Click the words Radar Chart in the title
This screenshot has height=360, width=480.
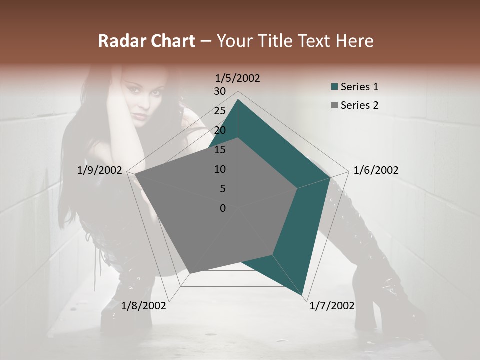click(x=146, y=41)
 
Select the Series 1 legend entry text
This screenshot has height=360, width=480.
click(x=359, y=87)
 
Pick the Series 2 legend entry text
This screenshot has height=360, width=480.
click(x=359, y=105)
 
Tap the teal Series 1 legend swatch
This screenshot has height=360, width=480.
click(x=334, y=87)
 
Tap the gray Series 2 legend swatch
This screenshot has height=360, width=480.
click(x=334, y=106)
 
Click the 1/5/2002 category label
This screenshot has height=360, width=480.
click(x=238, y=78)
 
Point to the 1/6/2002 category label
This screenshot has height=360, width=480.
click(x=376, y=170)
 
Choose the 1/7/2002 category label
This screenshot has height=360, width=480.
click(x=332, y=306)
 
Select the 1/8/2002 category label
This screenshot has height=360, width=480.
click(x=144, y=306)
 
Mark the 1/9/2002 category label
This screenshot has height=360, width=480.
click(x=100, y=170)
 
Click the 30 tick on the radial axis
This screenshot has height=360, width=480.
click(x=220, y=91)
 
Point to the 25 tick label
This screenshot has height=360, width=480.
click(x=220, y=111)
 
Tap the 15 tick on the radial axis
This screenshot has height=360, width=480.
click(x=220, y=150)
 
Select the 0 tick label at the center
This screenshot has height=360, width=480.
click(x=223, y=208)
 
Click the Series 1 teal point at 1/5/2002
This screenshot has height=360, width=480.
click(x=238, y=100)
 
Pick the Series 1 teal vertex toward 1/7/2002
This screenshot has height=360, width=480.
click(x=303, y=295)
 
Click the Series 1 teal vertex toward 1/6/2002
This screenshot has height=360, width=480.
click(x=330, y=177)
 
